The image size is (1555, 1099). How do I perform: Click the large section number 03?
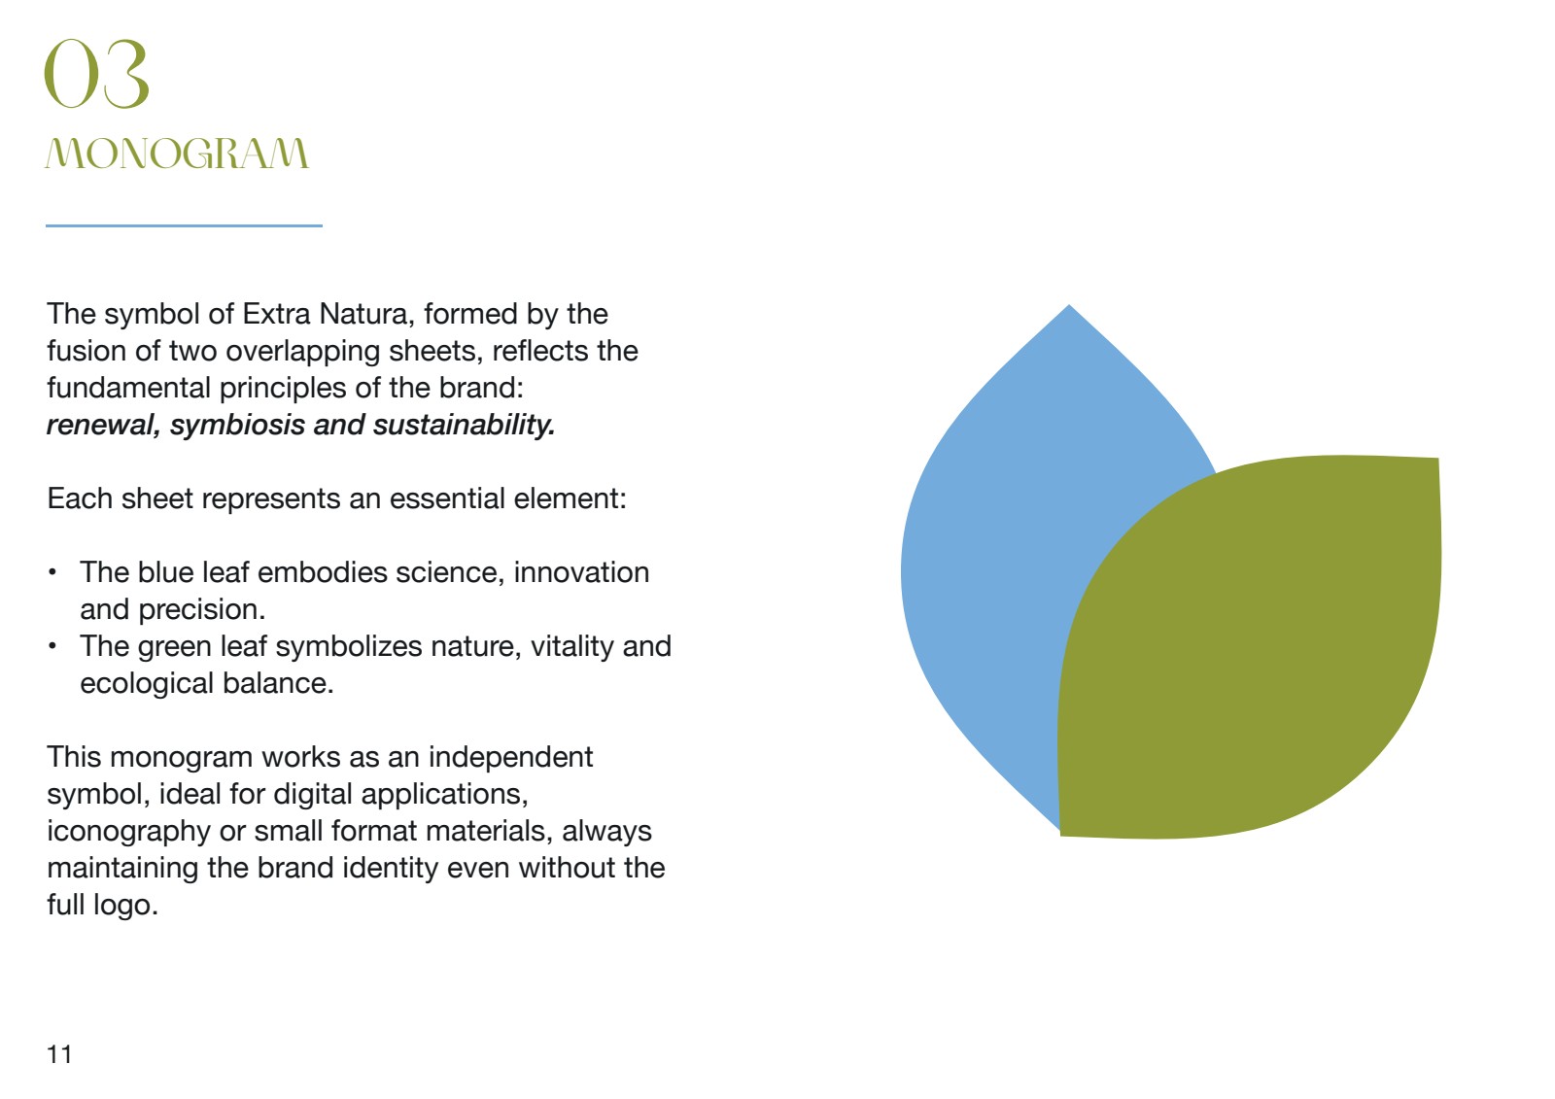coord(96,74)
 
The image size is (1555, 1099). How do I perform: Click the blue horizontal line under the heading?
coord(184,225)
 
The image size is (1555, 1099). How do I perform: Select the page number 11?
coord(59,1054)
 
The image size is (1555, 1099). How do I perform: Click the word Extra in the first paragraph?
coord(276,314)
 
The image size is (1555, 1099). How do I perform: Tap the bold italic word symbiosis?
coord(237,425)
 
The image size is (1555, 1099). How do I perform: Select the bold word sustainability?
coord(464,425)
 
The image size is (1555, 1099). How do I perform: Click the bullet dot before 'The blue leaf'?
coord(52,572)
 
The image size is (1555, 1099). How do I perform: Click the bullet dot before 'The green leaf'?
coord(52,646)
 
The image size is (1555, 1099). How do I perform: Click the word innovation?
coord(582,572)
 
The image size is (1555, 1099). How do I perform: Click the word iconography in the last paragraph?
coord(128,831)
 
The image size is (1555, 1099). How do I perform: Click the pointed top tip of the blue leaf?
coord(1069,305)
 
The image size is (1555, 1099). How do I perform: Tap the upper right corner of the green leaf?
coord(1437,459)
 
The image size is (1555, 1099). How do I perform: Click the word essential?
coord(447,498)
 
